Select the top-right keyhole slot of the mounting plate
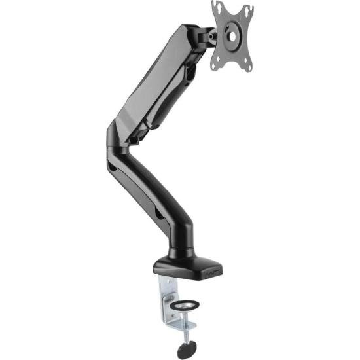pos(248,10)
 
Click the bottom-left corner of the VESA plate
pos(214,67)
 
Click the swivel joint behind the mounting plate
pos(210,36)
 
